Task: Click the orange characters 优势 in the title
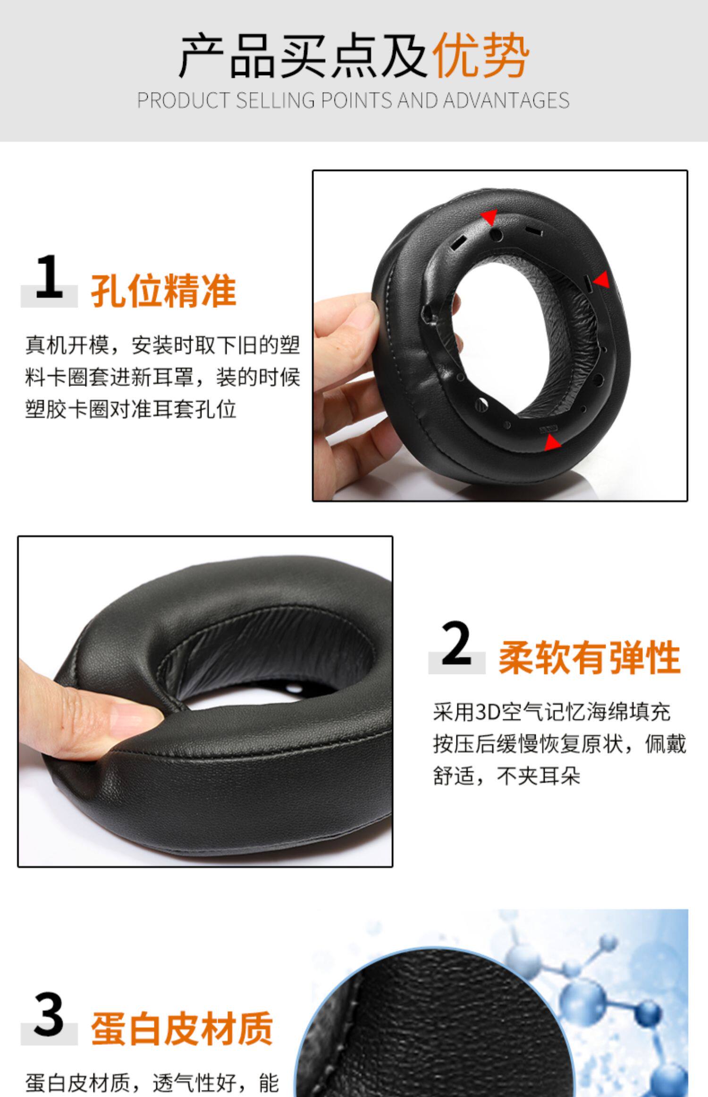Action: [x=481, y=56]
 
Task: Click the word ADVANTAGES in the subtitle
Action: [x=506, y=101]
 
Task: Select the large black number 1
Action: [x=49, y=276]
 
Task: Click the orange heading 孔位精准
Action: [x=163, y=291]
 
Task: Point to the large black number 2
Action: [x=456, y=643]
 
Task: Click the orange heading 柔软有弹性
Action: [x=590, y=658]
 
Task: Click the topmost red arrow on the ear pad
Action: [x=489, y=217]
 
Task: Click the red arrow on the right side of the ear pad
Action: [x=601, y=280]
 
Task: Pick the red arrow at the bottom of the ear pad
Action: [x=551, y=443]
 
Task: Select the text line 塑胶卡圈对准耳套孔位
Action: [x=131, y=409]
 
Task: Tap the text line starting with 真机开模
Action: [x=163, y=345]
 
